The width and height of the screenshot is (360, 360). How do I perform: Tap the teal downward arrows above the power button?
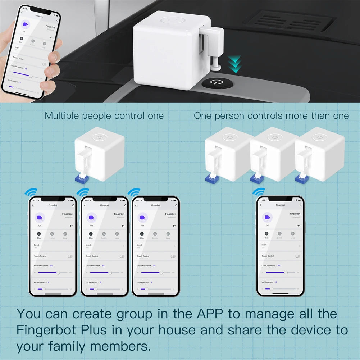[236, 63]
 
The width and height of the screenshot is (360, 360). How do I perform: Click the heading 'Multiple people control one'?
[104, 116]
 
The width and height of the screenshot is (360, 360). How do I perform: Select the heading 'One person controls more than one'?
[271, 116]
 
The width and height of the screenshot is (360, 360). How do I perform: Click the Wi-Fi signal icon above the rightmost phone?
[258, 191]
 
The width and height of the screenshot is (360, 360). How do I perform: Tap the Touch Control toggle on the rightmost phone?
[297, 256]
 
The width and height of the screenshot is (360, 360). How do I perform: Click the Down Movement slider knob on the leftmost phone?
[58, 273]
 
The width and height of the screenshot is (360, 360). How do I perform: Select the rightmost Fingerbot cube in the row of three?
[318, 153]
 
